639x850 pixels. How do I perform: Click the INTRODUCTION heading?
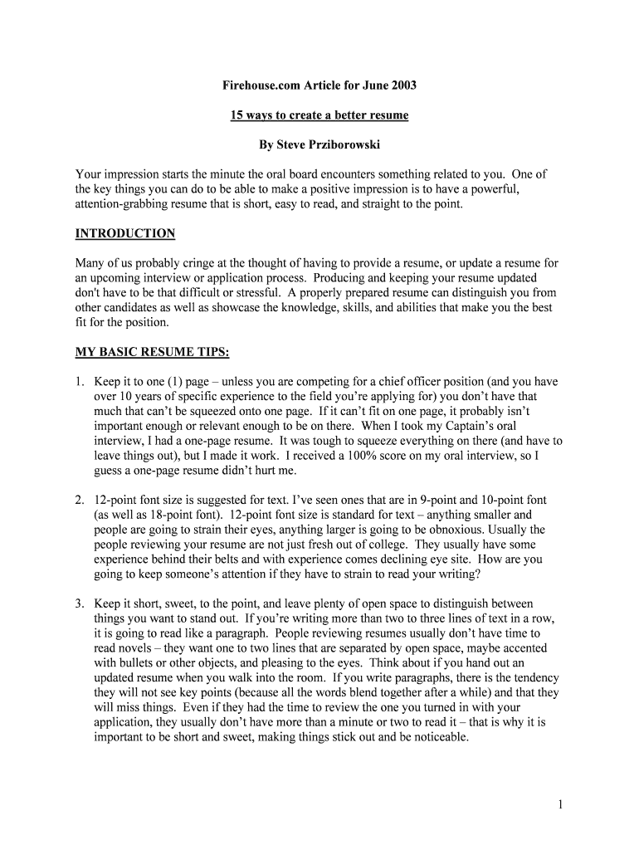[x=125, y=234]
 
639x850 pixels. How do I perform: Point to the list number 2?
[x=80, y=501]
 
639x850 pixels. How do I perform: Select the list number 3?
[x=80, y=603]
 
